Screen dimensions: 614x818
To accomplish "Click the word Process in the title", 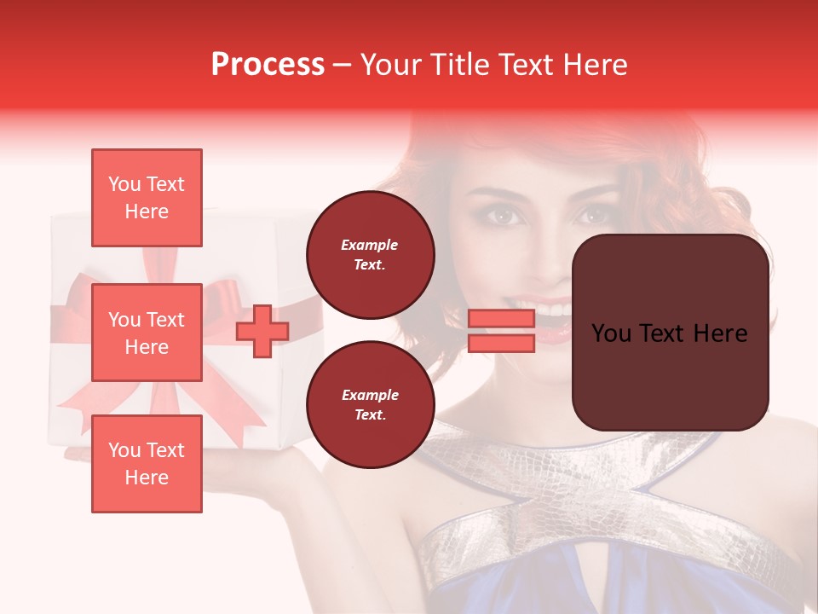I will pyautogui.click(x=268, y=65).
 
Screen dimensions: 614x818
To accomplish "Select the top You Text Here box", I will pyautogui.click(x=147, y=198).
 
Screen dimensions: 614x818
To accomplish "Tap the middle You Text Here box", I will pyautogui.click(x=147, y=333).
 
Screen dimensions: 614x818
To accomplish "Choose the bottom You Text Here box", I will pyautogui.click(x=147, y=464).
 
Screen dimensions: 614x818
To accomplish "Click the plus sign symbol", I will pyautogui.click(x=262, y=332).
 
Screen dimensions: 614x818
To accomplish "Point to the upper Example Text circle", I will pyautogui.click(x=370, y=255).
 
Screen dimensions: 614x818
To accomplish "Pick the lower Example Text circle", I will pyautogui.click(x=370, y=405).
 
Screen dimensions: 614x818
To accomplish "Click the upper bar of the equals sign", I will pyautogui.click(x=501, y=319).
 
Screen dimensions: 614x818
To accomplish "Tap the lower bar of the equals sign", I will pyautogui.click(x=501, y=343).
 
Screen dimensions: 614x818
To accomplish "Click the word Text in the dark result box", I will pyautogui.click(x=669, y=333).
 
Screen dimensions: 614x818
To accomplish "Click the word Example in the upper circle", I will pyautogui.click(x=370, y=245).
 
